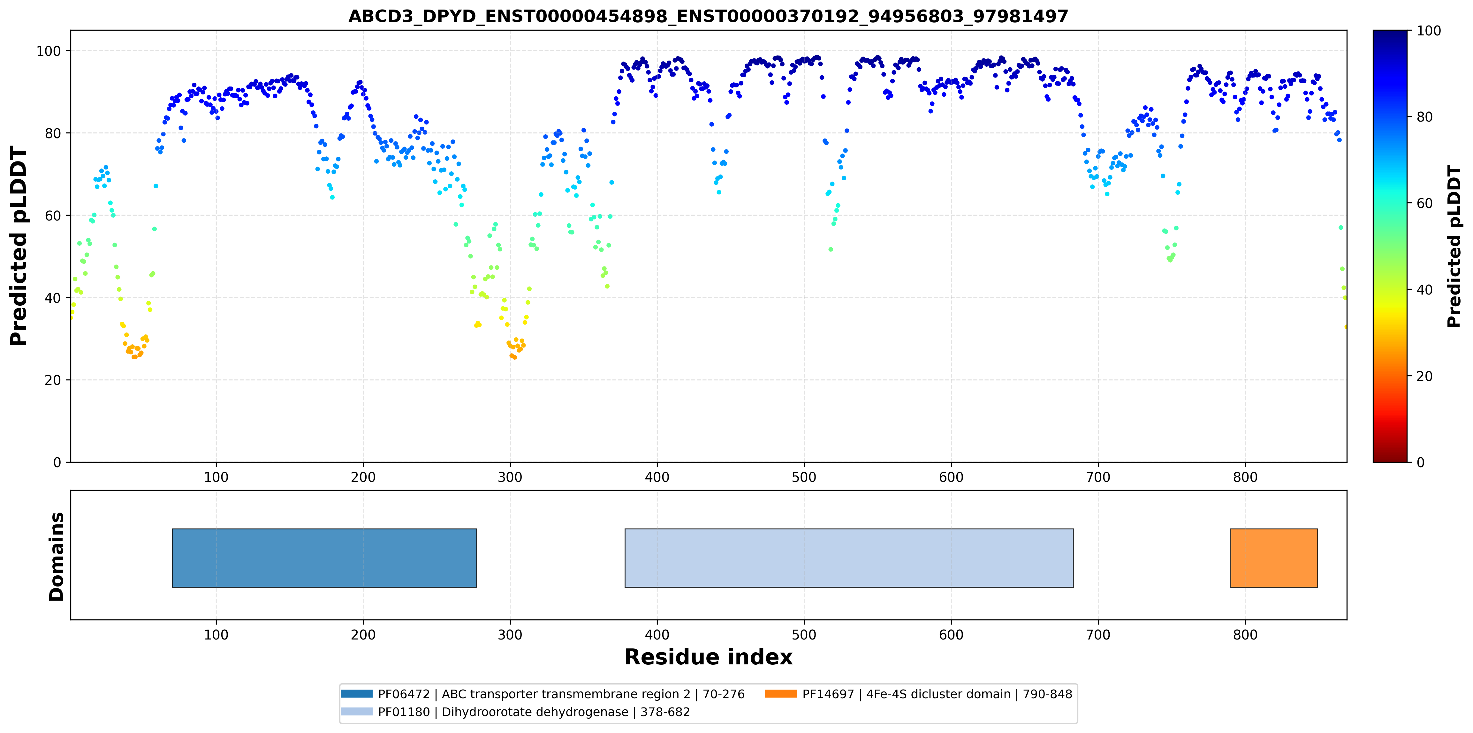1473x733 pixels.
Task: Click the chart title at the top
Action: tap(708, 16)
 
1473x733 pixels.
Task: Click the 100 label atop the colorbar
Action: tap(1428, 31)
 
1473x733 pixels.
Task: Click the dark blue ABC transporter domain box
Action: tap(324, 558)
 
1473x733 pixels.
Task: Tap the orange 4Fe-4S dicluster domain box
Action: tap(1274, 558)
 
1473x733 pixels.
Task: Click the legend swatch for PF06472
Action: tap(356, 693)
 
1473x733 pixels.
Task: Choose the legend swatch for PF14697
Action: tap(780, 693)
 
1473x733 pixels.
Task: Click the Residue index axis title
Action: tap(709, 657)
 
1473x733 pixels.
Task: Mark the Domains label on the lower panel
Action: tap(57, 557)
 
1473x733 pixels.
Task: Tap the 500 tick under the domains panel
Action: tap(804, 635)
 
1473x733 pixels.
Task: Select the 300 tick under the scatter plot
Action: tap(510, 477)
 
